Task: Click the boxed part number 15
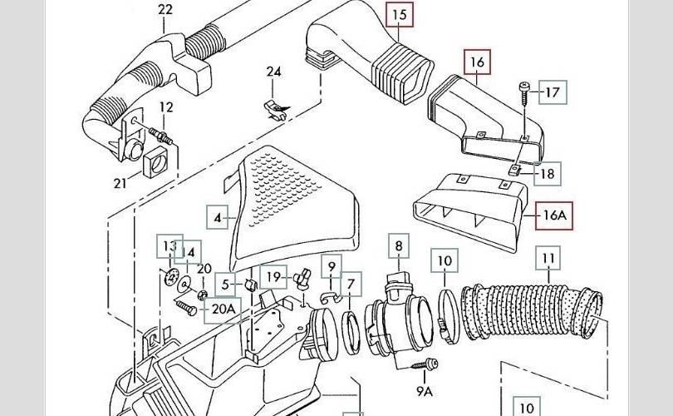399,15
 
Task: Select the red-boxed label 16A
554,215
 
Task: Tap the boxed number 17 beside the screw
553,92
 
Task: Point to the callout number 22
165,9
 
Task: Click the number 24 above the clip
274,72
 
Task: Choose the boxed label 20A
224,309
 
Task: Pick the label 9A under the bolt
425,391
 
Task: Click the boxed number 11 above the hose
548,258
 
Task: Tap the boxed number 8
399,245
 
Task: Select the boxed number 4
218,217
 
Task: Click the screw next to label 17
524,94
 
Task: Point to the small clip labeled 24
276,110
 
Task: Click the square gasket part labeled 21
155,161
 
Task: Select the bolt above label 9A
425,364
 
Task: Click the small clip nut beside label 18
514,171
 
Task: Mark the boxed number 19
273,277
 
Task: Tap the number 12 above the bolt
166,107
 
